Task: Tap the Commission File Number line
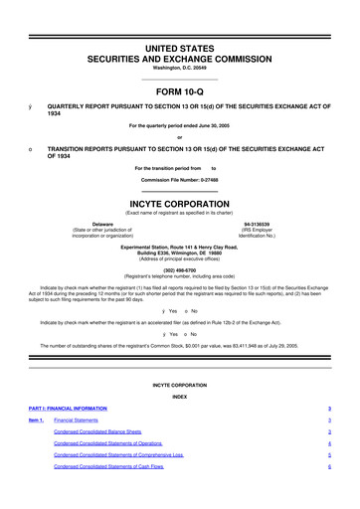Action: (179, 179)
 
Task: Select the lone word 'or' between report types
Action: (179, 137)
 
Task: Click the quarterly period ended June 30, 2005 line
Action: (179, 125)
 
